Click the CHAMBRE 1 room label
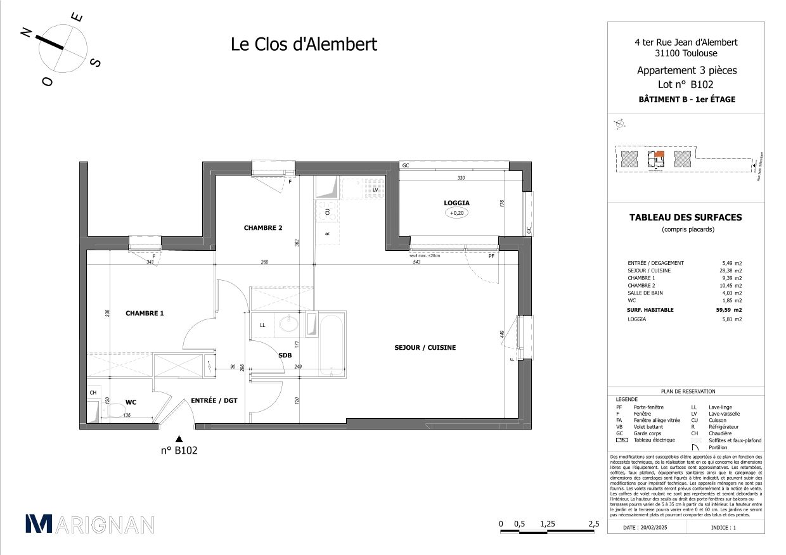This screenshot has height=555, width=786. (x=145, y=313)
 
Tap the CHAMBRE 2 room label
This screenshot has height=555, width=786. (x=262, y=228)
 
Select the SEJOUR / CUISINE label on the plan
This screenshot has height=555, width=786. (x=425, y=348)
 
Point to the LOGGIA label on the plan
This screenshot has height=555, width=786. (x=456, y=203)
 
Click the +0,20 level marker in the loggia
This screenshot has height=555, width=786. (x=456, y=214)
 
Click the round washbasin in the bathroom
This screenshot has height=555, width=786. (x=289, y=324)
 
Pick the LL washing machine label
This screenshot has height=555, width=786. (x=262, y=325)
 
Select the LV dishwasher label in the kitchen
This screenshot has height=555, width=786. (x=375, y=189)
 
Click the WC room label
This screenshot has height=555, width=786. (x=131, y=402)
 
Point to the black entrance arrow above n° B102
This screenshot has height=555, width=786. (x=179, y=438)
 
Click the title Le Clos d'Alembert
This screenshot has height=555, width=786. (x=303, y=44)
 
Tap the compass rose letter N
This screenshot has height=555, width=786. (x=27, y=33)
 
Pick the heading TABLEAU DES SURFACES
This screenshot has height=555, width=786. (x=685, y=217)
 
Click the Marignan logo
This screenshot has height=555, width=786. (x=89, y=524)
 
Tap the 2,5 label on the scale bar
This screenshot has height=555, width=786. (x=593, y=524)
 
